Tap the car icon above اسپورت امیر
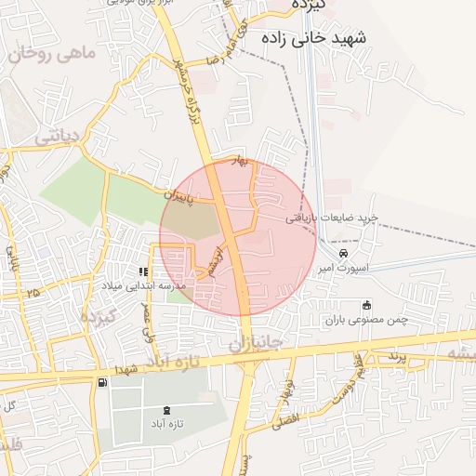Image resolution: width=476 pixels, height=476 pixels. pyautogui.click(x=343, y=253)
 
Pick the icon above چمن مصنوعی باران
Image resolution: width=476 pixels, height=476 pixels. pyautogui.click(x=366, y=305)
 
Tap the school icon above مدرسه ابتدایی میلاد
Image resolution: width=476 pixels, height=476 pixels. pyautogui.click(x=143, y=271)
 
